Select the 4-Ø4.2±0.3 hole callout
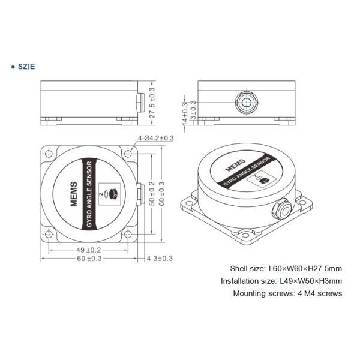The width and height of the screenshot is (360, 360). (x=155, y=138)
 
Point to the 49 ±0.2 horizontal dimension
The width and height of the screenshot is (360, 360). (x=88, y=250)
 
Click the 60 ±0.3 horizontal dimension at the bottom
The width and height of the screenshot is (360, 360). (x=88, y=259)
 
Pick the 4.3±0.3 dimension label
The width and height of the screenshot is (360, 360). (x=160, y=259)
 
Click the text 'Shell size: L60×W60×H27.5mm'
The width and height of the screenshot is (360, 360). (x=286, y=268)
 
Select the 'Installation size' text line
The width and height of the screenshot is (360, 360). (x=281, y=281)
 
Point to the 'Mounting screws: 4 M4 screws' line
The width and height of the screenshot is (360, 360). (x=287, y=293)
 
